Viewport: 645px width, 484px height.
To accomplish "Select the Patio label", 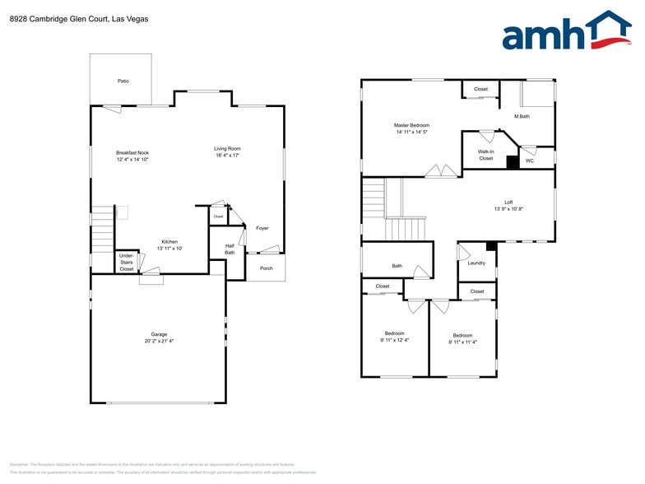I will pos(123,81).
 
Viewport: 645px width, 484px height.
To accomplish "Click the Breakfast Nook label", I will pos(132,152).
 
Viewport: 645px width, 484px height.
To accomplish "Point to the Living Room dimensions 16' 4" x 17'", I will pos(228,156).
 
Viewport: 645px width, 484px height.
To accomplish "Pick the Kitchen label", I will pos(169,241).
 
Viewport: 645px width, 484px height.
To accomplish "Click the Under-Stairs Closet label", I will pos(127,263).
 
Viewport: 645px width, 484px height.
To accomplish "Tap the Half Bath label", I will pos(230,249).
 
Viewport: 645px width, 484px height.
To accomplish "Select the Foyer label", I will pos(262,228).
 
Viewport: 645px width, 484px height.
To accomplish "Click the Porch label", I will pos(266,268).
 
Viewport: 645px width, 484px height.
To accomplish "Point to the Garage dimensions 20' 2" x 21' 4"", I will pos(159,341).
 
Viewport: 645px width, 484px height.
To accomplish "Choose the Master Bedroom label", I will pos(412,125).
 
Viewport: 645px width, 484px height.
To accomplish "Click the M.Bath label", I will pos(522,116).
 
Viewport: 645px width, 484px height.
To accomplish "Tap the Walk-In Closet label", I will pos(486,155).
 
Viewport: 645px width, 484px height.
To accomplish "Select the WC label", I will pos(530,161).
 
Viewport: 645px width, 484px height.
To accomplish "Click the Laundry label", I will pos(476,263).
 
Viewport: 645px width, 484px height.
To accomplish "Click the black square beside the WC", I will pos(512,162).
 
